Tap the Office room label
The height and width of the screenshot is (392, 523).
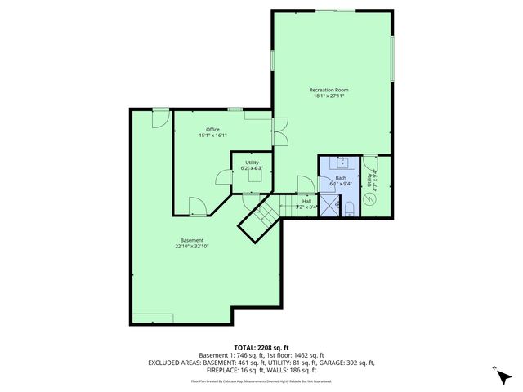point(212,129)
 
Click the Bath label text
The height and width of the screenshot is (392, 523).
point(341,178)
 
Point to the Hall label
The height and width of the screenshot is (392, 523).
point(306,200)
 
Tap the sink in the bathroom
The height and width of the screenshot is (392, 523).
point(341,163)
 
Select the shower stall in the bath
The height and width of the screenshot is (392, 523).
point(329,207)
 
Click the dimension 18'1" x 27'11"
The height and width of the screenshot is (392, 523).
point(329,96)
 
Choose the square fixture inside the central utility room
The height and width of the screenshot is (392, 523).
point(252,171)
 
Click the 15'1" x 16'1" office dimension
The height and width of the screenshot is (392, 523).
point(212,136)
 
